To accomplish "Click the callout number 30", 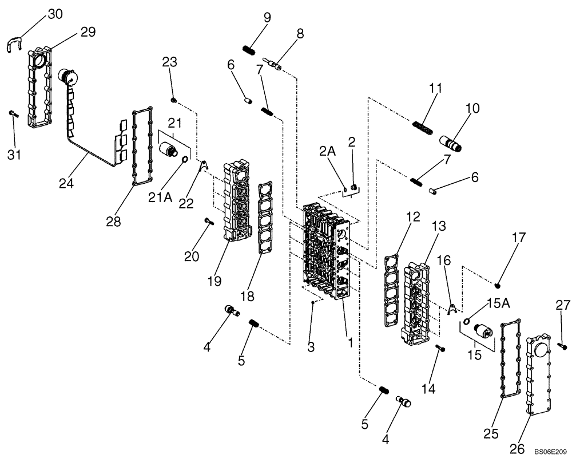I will click(55, 14).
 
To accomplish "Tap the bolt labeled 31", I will click(14, 114).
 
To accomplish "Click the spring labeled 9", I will click(249, 51).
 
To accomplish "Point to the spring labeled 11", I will click(422, 125).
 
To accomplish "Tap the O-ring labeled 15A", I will click(467, 321).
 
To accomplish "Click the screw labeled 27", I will click(563, 345).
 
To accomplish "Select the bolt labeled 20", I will click(207, 222).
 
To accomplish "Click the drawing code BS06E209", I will click(551, 451).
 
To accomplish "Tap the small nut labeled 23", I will click(174, 101).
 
